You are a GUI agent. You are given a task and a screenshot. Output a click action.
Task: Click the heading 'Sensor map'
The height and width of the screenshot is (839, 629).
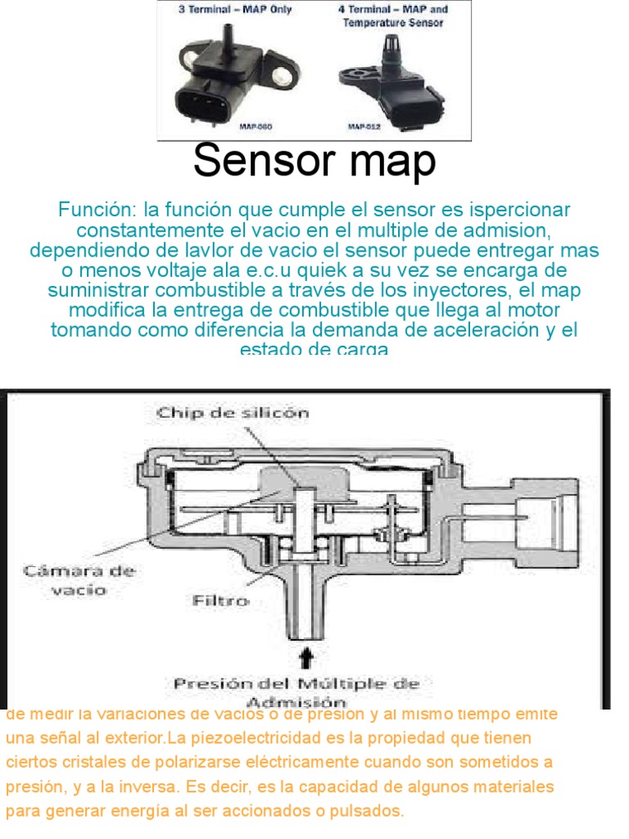[x=314, y=162]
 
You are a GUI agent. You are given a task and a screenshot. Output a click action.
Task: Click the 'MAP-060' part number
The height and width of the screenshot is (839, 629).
[x=255, y=127]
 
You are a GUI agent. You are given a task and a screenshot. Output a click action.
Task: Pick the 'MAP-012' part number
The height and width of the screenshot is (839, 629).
[x=364, y=127]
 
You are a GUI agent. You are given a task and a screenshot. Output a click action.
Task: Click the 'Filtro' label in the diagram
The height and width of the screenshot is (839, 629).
[x=220, y=600]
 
